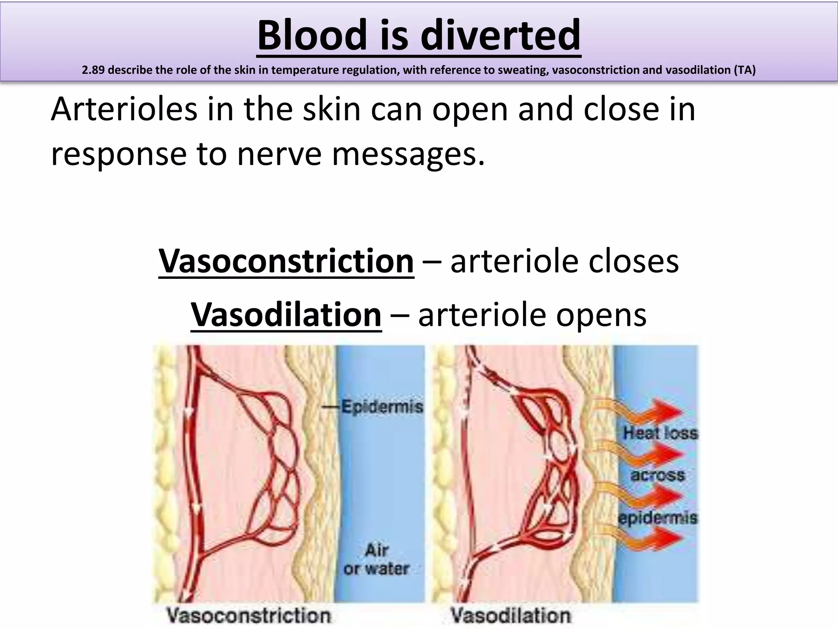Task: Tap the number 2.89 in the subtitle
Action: click(x=93, y=70)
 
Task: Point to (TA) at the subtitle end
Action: click(x=744, y=70)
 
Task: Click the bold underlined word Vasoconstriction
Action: click(x=286, y=261)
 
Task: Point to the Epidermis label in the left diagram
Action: click(x=382, y=407)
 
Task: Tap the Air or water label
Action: click(x=376, y=559)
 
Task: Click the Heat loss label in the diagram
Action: click(x=660, y=433)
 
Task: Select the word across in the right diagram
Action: click(x=657, y=475)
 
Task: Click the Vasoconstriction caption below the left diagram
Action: click(x=248, y=615)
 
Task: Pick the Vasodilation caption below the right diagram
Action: click(x=510, y=615)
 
